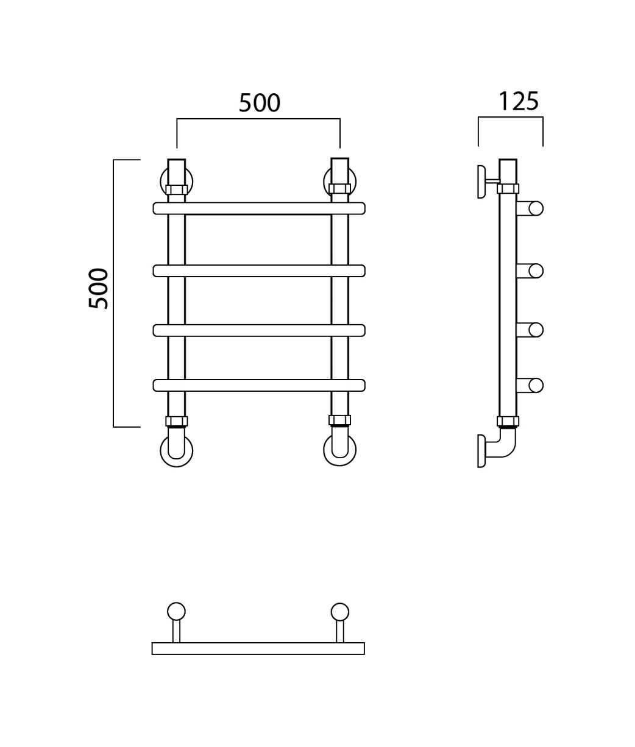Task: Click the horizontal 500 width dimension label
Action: point(260,103)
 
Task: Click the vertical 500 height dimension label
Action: point(98,288)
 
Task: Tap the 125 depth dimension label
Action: point(519,101)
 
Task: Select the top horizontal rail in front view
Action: point(259,208)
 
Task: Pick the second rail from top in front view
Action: point(259,271)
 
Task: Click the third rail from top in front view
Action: point(259,330)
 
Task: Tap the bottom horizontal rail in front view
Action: point(259,385)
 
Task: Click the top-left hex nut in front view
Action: point(176,189)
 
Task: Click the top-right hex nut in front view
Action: point(339,189)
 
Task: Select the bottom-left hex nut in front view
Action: point(176,422)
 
